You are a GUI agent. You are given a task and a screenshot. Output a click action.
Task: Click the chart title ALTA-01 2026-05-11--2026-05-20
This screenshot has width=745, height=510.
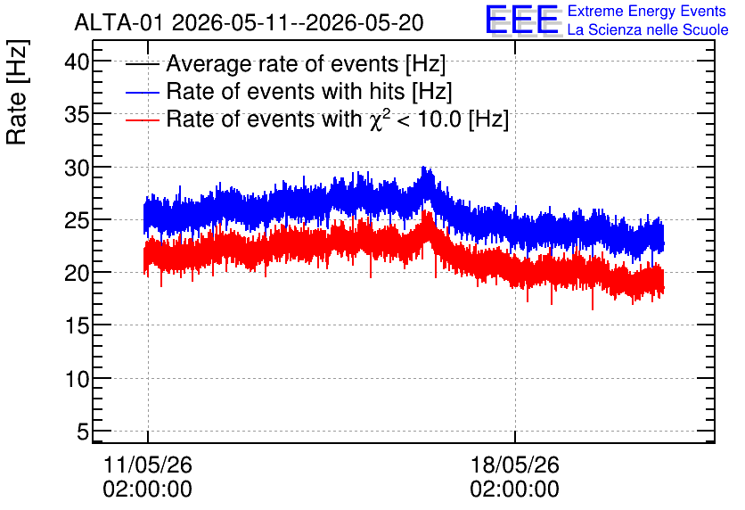point(249,22)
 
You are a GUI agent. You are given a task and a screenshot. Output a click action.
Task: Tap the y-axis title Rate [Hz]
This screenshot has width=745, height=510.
point(17,92)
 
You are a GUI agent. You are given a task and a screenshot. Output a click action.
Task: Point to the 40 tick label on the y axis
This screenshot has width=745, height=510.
point(77,62)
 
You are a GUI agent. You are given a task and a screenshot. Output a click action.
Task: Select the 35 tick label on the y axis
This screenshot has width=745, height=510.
point(77,114)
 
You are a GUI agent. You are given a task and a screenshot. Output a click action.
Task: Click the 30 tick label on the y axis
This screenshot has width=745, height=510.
point(77,168)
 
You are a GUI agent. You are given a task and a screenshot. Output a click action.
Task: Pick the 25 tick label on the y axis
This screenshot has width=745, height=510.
point(77,220)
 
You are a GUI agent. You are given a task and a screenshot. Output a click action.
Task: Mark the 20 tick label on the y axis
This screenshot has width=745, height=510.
point(77,273)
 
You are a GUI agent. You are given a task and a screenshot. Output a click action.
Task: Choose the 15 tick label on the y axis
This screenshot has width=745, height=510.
point(77,325)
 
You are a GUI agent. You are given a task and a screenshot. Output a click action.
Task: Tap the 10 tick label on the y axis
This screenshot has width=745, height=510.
point(77,379)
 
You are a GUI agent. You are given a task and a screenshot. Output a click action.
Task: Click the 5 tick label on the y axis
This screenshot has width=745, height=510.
point(83,432)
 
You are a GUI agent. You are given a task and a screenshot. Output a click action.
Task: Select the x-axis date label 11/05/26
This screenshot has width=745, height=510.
point(148,465)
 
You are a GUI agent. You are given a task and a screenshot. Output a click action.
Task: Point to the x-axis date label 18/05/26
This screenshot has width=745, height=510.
point(515,465)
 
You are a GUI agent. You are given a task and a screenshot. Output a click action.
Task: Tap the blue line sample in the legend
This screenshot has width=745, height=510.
point(142,92)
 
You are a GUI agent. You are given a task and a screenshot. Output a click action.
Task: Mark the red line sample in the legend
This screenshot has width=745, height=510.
point(142,120)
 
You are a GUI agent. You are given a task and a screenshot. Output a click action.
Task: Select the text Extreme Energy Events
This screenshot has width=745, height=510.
point(647,11)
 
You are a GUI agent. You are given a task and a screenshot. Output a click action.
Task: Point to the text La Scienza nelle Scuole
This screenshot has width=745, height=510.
point(648,29)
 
